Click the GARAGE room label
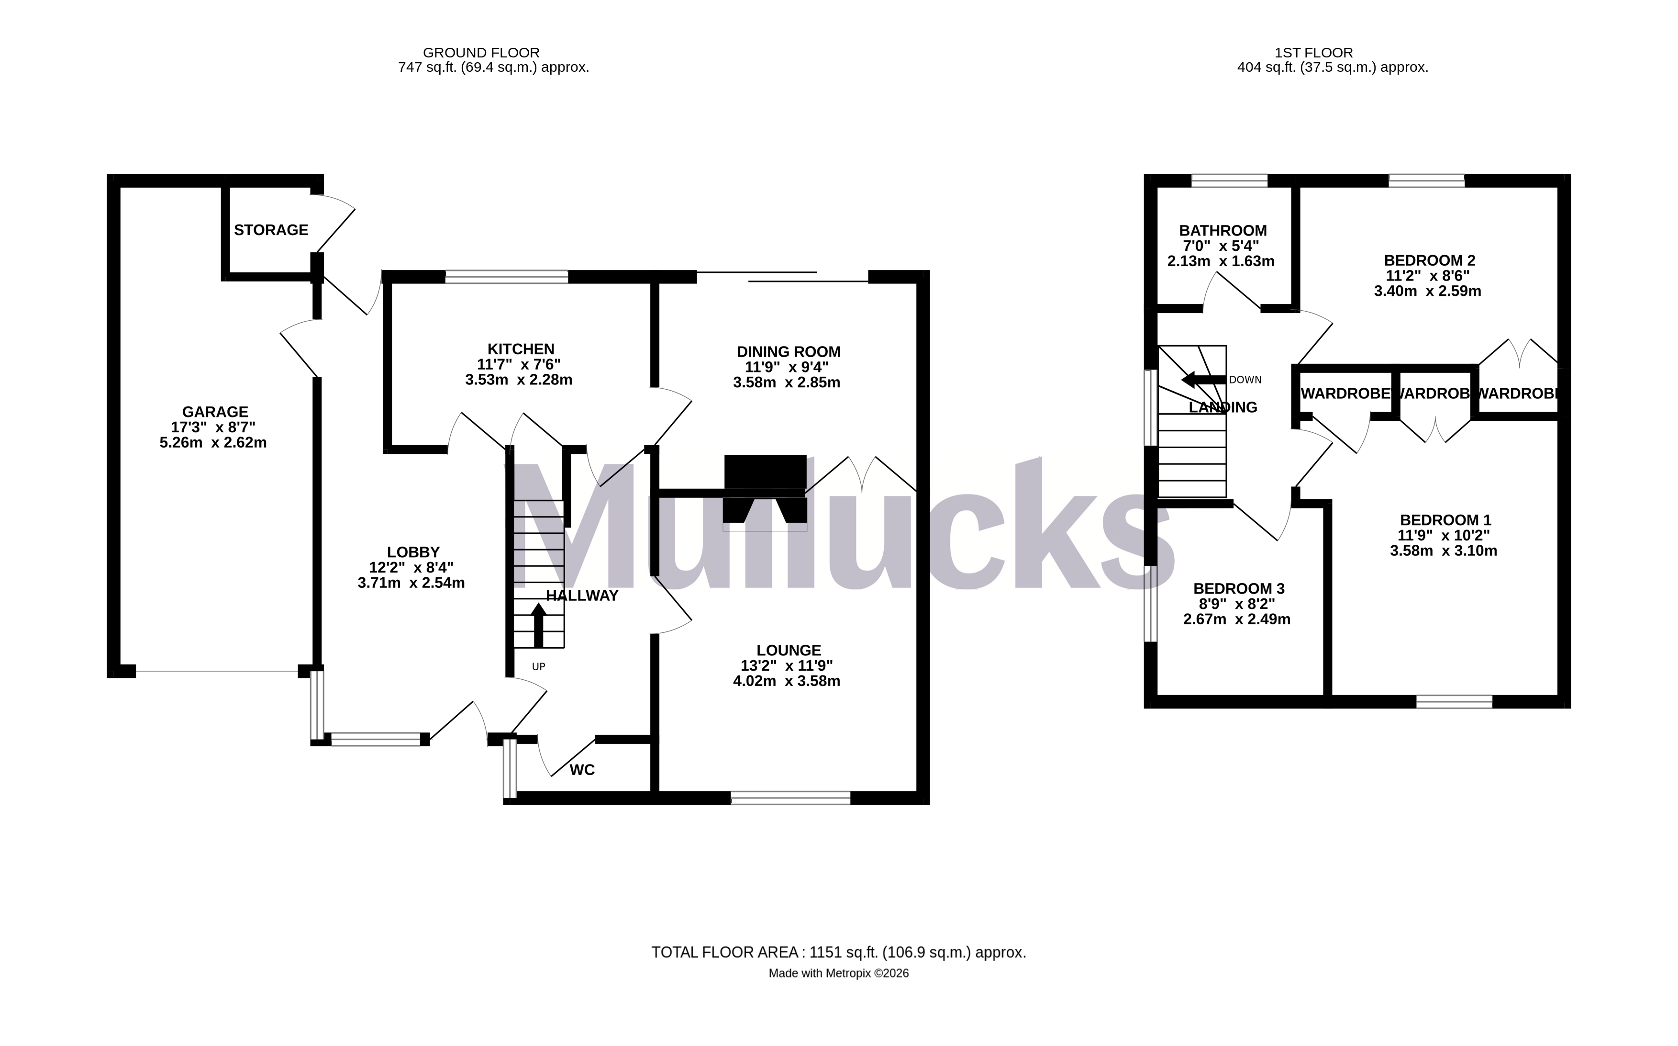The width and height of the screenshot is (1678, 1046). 214,412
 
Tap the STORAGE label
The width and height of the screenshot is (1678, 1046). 271,230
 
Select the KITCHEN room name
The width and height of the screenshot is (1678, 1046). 521,349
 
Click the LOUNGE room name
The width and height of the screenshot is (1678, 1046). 788,650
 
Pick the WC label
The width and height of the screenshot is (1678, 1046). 582,770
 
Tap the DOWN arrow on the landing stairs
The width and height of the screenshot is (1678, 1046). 1203,380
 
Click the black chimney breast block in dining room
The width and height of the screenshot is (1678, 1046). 765,472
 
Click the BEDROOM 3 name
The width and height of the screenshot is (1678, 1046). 1238,589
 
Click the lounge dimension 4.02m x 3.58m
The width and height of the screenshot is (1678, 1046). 786,681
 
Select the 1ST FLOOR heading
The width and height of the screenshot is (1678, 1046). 1313,53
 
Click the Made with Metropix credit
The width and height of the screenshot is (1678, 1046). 838,973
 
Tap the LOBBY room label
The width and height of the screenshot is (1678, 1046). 413,552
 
